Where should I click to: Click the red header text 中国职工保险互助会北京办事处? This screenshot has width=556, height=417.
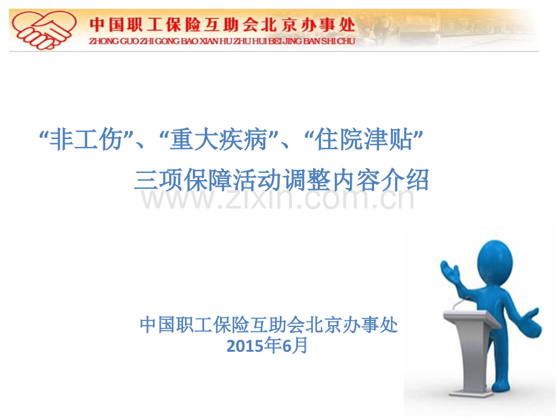(222, 24)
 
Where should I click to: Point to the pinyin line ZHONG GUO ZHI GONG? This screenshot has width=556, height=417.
(222, 42)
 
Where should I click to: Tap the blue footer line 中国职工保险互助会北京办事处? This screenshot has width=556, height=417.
(269, 325)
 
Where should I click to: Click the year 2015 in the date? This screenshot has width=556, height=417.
(241, 346)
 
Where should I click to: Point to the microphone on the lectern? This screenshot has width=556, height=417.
(461, 300)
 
